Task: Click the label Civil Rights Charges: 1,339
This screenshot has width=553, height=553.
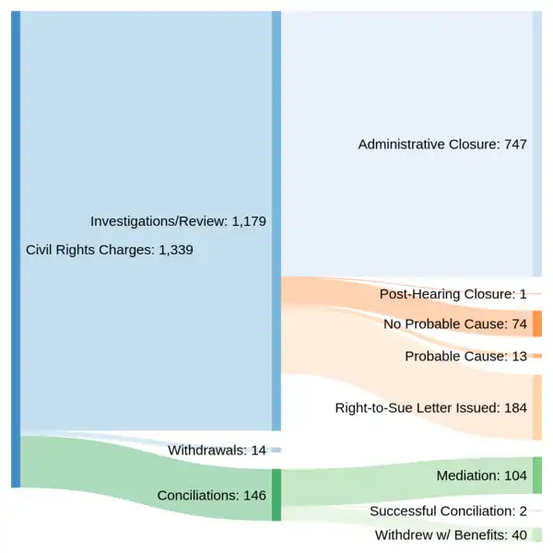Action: coord(110,249)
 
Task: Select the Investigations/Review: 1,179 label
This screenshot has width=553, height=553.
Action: coord(179,221)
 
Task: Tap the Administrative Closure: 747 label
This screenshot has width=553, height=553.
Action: coord(442,145)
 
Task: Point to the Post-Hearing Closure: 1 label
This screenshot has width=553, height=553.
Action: coord(453,294)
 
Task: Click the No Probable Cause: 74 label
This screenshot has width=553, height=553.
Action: coord(454,324)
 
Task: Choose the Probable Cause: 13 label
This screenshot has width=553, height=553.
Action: coord(465,356)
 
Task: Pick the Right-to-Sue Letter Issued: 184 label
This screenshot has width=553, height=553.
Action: coord(430,406)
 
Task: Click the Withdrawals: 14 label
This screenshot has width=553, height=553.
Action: coord(217,450)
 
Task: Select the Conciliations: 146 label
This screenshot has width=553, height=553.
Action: coord(211,495)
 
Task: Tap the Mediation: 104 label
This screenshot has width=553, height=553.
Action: coord(481,476)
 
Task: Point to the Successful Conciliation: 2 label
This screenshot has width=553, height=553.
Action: coord(448,511)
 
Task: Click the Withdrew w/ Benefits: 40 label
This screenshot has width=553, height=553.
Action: coord(451,535)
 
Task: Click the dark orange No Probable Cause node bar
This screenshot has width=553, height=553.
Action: coord(536,324)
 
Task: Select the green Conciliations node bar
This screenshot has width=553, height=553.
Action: coord(276,495)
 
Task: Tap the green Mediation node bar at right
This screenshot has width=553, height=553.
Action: coord(536,476)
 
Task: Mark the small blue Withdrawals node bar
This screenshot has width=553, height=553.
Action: coord(276,450)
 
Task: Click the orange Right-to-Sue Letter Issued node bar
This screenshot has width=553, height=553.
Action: coord(536,407)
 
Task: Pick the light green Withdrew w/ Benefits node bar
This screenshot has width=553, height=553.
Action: coord(536,535)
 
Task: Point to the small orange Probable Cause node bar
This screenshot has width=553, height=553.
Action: coord(536,356)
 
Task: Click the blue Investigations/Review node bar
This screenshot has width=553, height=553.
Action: coord(276,221)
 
